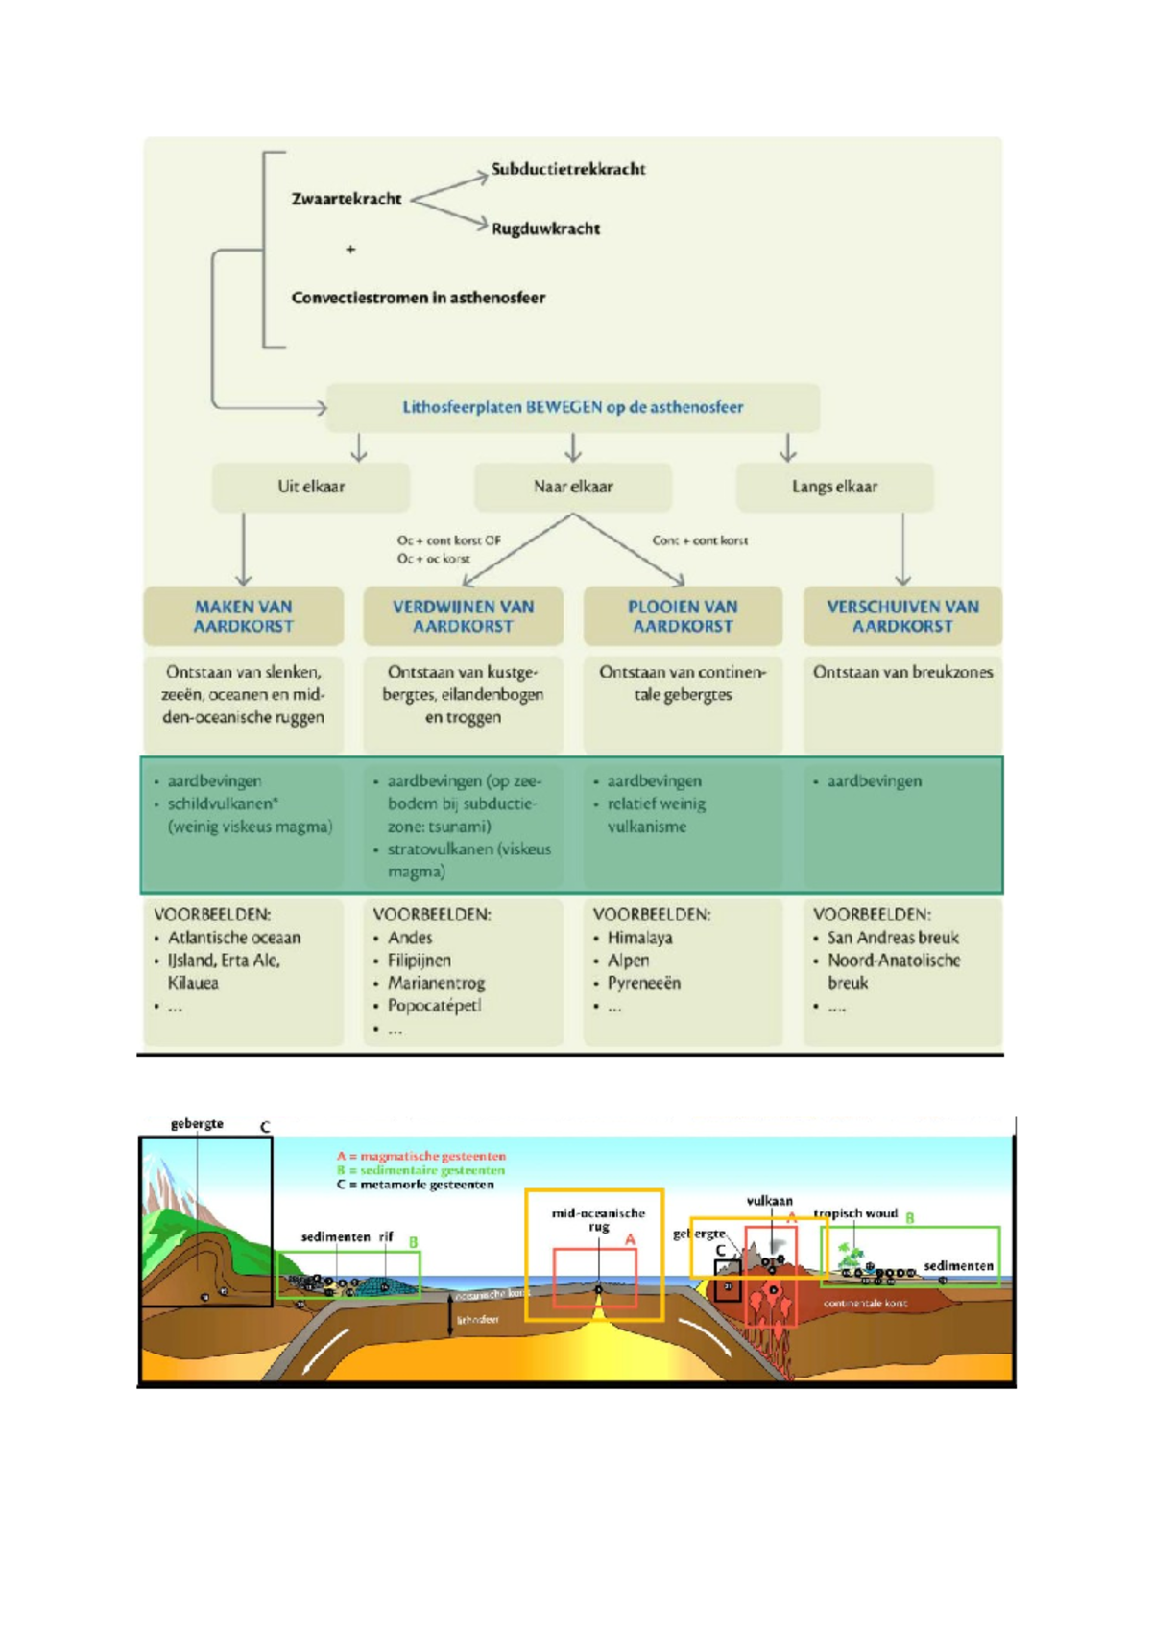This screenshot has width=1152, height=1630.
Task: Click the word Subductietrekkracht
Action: click(567, 169)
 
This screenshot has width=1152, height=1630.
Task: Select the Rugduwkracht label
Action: click(545, 228)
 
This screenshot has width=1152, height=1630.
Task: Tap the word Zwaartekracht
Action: click(347, 199)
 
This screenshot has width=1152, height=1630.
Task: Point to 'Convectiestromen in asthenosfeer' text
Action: click(418, 298)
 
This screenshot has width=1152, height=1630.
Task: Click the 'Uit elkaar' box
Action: click(311, 487)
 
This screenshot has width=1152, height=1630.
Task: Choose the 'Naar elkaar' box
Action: click(573, 487)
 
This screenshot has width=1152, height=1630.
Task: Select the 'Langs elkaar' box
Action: click(834, 487)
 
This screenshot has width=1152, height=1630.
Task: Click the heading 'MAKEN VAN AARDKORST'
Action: click(244, 616)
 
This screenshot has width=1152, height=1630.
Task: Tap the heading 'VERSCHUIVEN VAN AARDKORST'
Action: click(902, 616)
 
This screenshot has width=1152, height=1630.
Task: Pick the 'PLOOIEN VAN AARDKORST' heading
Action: click(683, 616)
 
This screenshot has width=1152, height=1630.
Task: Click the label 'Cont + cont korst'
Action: click(700, 540)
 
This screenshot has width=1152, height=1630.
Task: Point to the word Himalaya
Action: click(639, 938)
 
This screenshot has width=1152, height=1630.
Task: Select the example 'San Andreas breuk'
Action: click(893, 938)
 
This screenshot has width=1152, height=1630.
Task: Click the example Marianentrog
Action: click(436, 983)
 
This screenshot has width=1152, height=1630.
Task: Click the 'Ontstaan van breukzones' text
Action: click(902, 672)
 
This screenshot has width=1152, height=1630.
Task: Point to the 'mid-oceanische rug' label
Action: click(598, 1219)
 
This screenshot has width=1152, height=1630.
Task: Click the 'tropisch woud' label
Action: click(855, 1213)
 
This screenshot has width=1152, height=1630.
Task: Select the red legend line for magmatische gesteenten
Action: click(421, 1157)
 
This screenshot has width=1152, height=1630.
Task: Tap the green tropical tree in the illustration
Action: click(850, 1255)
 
